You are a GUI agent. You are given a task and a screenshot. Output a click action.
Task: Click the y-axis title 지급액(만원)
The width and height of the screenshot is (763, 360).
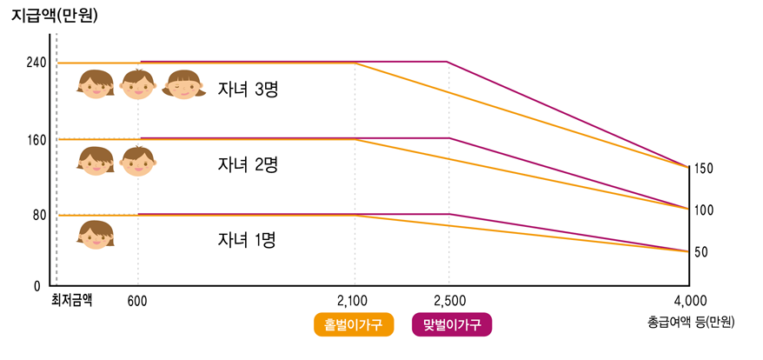[55, 15]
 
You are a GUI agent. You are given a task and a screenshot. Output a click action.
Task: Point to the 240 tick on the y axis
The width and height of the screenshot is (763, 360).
[36, 63]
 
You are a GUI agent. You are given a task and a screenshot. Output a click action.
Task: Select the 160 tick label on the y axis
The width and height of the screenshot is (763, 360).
[36, 139]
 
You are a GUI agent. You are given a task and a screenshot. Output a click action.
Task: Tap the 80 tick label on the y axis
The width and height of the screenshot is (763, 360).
[39, 215]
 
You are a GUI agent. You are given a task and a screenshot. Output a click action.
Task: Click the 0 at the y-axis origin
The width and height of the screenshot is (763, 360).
[36, 285]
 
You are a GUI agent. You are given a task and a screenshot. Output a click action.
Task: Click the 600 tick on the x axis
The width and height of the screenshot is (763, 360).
[136, 301]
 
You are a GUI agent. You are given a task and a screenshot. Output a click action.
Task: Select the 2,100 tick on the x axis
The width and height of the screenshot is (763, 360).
[354, 301]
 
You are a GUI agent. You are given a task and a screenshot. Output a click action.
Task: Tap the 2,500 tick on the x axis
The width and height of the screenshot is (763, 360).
[448, 301]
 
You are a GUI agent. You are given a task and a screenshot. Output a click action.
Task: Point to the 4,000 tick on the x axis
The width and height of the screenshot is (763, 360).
[689, 301]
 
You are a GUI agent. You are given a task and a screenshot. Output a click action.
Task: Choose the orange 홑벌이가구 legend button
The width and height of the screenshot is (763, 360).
[354, 324]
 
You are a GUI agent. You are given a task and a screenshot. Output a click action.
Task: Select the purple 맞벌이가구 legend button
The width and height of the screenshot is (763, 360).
[451, 324]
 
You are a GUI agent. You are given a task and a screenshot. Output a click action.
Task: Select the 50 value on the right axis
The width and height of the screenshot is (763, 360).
[700, 252]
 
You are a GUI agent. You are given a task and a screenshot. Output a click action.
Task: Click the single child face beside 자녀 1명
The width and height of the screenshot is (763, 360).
[96, 236]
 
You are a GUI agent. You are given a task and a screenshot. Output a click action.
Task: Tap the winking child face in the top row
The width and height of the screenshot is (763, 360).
[182, 84]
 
